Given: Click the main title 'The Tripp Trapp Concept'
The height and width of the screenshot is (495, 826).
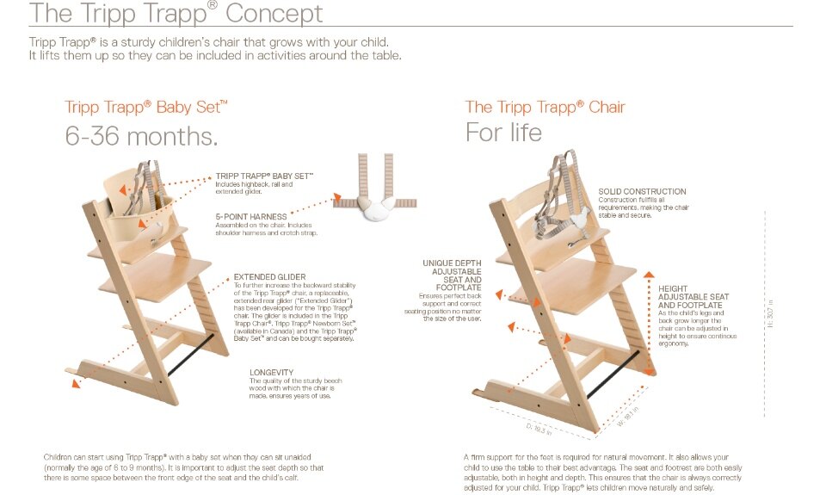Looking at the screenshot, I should point(176,14).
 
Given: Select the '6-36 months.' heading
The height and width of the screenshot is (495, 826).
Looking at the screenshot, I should point(141,136).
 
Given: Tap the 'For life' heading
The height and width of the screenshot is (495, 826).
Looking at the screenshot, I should point(503,133).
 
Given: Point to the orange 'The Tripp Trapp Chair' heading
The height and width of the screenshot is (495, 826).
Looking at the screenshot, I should point(545,108).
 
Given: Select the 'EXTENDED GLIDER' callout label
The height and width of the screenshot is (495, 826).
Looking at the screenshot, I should point(269,277).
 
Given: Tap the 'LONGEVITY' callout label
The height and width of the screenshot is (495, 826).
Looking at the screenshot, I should point(271,372).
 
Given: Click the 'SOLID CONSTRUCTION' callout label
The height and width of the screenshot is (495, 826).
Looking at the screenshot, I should point(642,191).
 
